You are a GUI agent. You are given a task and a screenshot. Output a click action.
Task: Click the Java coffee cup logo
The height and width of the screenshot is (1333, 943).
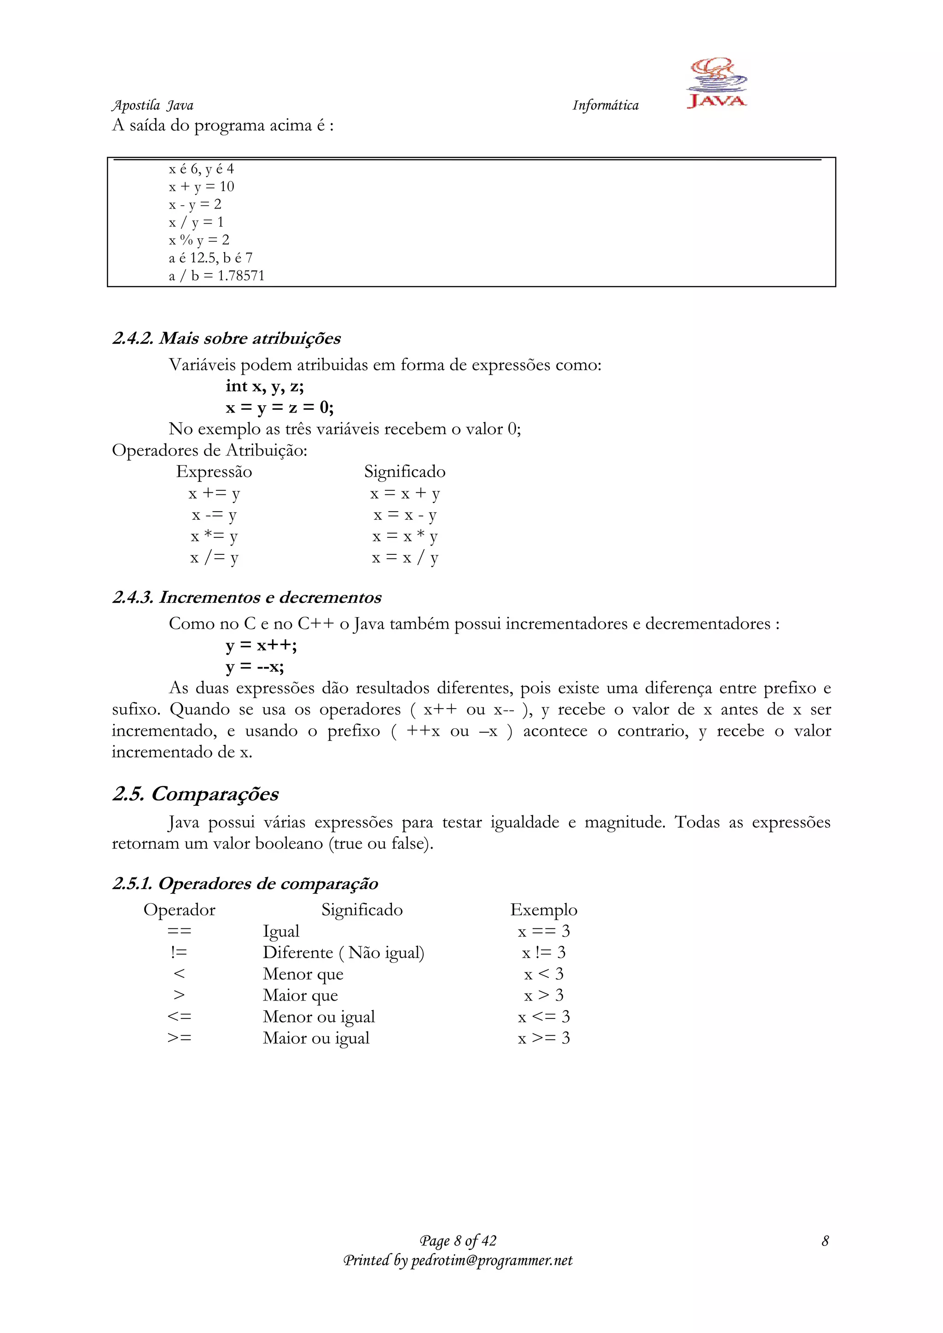pos(716,82)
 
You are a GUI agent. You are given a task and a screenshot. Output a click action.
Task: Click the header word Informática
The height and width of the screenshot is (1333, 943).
pos(605,105)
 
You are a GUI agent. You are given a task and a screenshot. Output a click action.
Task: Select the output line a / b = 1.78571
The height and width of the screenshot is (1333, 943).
pos(216,276)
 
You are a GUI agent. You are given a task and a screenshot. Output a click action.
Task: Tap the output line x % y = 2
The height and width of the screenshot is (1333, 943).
pos(199,240)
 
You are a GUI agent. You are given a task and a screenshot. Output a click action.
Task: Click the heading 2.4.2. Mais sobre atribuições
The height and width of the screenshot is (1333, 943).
pos(227,338)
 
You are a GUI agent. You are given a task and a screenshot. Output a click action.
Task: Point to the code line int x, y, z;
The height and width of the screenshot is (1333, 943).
pos(264,386)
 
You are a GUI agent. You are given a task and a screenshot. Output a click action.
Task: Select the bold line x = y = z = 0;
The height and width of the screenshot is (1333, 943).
pos(279,407)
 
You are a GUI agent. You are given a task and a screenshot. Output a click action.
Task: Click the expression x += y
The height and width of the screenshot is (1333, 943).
pos(214,494)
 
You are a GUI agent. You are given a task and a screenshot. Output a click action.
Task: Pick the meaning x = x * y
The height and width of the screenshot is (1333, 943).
pos(405,536)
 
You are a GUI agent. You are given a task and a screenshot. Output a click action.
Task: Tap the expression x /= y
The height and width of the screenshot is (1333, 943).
pos(214,558)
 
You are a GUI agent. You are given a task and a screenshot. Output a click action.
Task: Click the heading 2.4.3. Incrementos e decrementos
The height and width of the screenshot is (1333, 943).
pos(247,597)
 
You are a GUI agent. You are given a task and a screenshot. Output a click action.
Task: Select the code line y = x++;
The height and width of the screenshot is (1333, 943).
pos(261,645)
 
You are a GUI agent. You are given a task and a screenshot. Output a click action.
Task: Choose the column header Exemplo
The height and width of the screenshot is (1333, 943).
pos(543,910)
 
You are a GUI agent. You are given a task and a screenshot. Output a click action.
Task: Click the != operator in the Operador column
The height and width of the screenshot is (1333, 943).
pos(179,953)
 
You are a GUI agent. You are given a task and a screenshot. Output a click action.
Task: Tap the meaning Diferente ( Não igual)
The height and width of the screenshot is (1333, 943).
pos(343,953)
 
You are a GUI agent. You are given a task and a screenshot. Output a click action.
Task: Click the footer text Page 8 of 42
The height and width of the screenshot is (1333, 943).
pos(458,1241)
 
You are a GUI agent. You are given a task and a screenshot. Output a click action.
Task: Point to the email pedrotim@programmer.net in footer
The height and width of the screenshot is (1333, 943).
pos(491,1260)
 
